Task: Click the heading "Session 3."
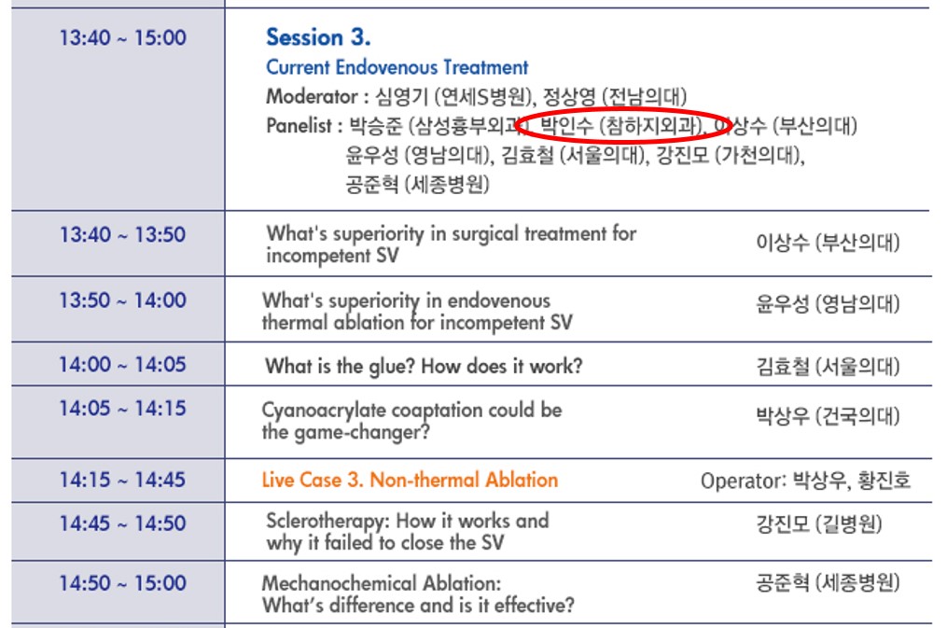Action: (x=318, y=37)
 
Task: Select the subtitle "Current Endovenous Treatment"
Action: (x=397, y=67)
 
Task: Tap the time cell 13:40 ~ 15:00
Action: (x=122, y=38)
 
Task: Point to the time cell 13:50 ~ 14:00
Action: (x=122, y=300)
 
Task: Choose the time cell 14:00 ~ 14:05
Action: (x=122, y=365)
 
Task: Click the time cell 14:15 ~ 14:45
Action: (x=122, y=480)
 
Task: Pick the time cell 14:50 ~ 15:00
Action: (x=122, y=583)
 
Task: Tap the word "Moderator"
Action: (x=311, y=96)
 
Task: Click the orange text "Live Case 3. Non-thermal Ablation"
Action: (x=410, y=480)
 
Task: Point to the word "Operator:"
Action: (x=743, y=481)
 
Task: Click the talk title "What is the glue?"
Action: (x=341, y=366)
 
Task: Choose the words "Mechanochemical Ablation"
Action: (x=381, y=583)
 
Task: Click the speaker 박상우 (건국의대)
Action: (x=828, y=416)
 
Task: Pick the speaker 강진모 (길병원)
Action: (x=818, y=524)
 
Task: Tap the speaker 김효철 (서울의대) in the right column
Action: (x=828, y=366)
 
